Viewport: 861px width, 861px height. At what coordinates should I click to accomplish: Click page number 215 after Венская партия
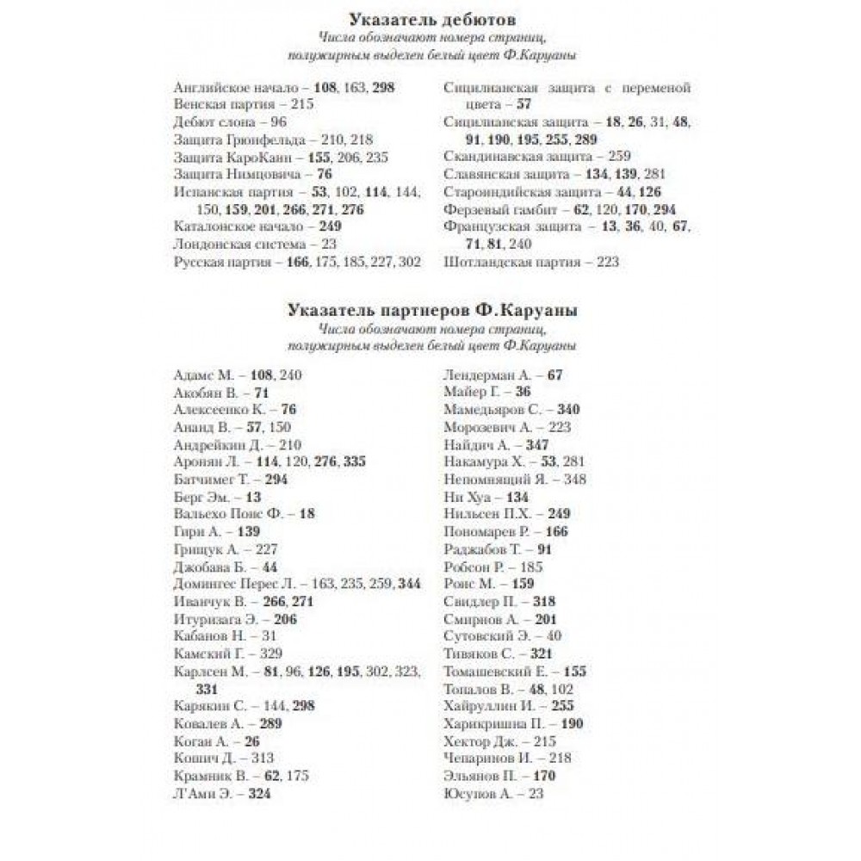click(302, 104)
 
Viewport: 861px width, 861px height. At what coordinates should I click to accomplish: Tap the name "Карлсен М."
click(211, 672)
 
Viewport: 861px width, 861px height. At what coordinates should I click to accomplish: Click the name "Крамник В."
click(211, 777)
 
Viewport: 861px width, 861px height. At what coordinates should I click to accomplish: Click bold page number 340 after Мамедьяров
click(568, 409)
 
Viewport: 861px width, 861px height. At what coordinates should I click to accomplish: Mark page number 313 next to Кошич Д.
click(263, 759)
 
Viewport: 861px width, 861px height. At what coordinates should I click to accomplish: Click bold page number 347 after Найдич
click(536, 444)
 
